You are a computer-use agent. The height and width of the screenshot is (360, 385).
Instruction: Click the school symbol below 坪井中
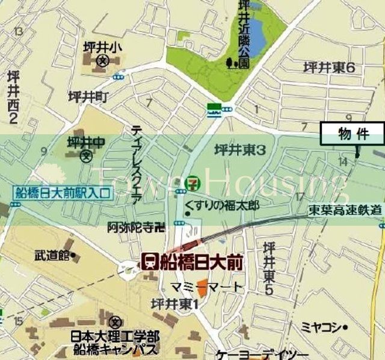coord(86,156)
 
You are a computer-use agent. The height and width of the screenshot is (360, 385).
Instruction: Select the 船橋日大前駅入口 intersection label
coord(63,194)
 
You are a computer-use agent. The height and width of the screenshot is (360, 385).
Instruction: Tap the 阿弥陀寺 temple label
coord(136,227)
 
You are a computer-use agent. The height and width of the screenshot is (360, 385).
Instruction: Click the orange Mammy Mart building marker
coord(203,286)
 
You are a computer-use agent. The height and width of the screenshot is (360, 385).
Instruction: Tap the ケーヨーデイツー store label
coord(255,354)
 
